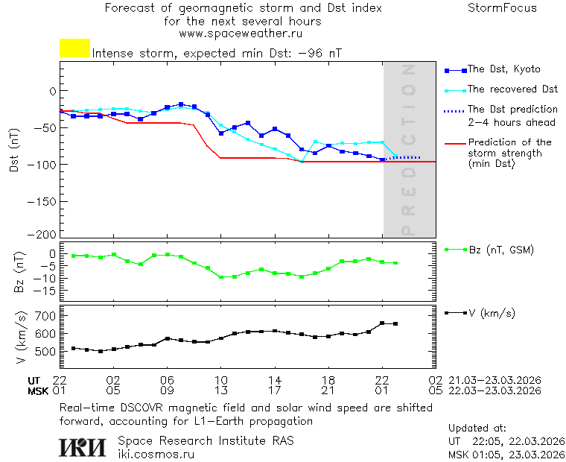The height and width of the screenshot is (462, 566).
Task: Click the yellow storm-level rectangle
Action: click(74, 48)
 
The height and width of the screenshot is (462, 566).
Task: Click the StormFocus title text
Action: click(502, 8)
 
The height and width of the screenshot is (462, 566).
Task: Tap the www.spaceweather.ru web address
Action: click(241, 34)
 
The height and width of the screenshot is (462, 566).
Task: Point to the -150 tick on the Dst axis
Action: click(43, 200)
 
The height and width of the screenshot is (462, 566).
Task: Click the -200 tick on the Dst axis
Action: click(43, 234)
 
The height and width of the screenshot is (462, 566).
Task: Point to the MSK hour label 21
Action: click(328, 390)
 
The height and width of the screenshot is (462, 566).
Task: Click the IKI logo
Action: click(83, 447)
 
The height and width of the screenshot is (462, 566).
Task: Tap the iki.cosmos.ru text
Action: click(156, 454)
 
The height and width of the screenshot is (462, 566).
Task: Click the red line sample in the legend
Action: click(454, 142)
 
